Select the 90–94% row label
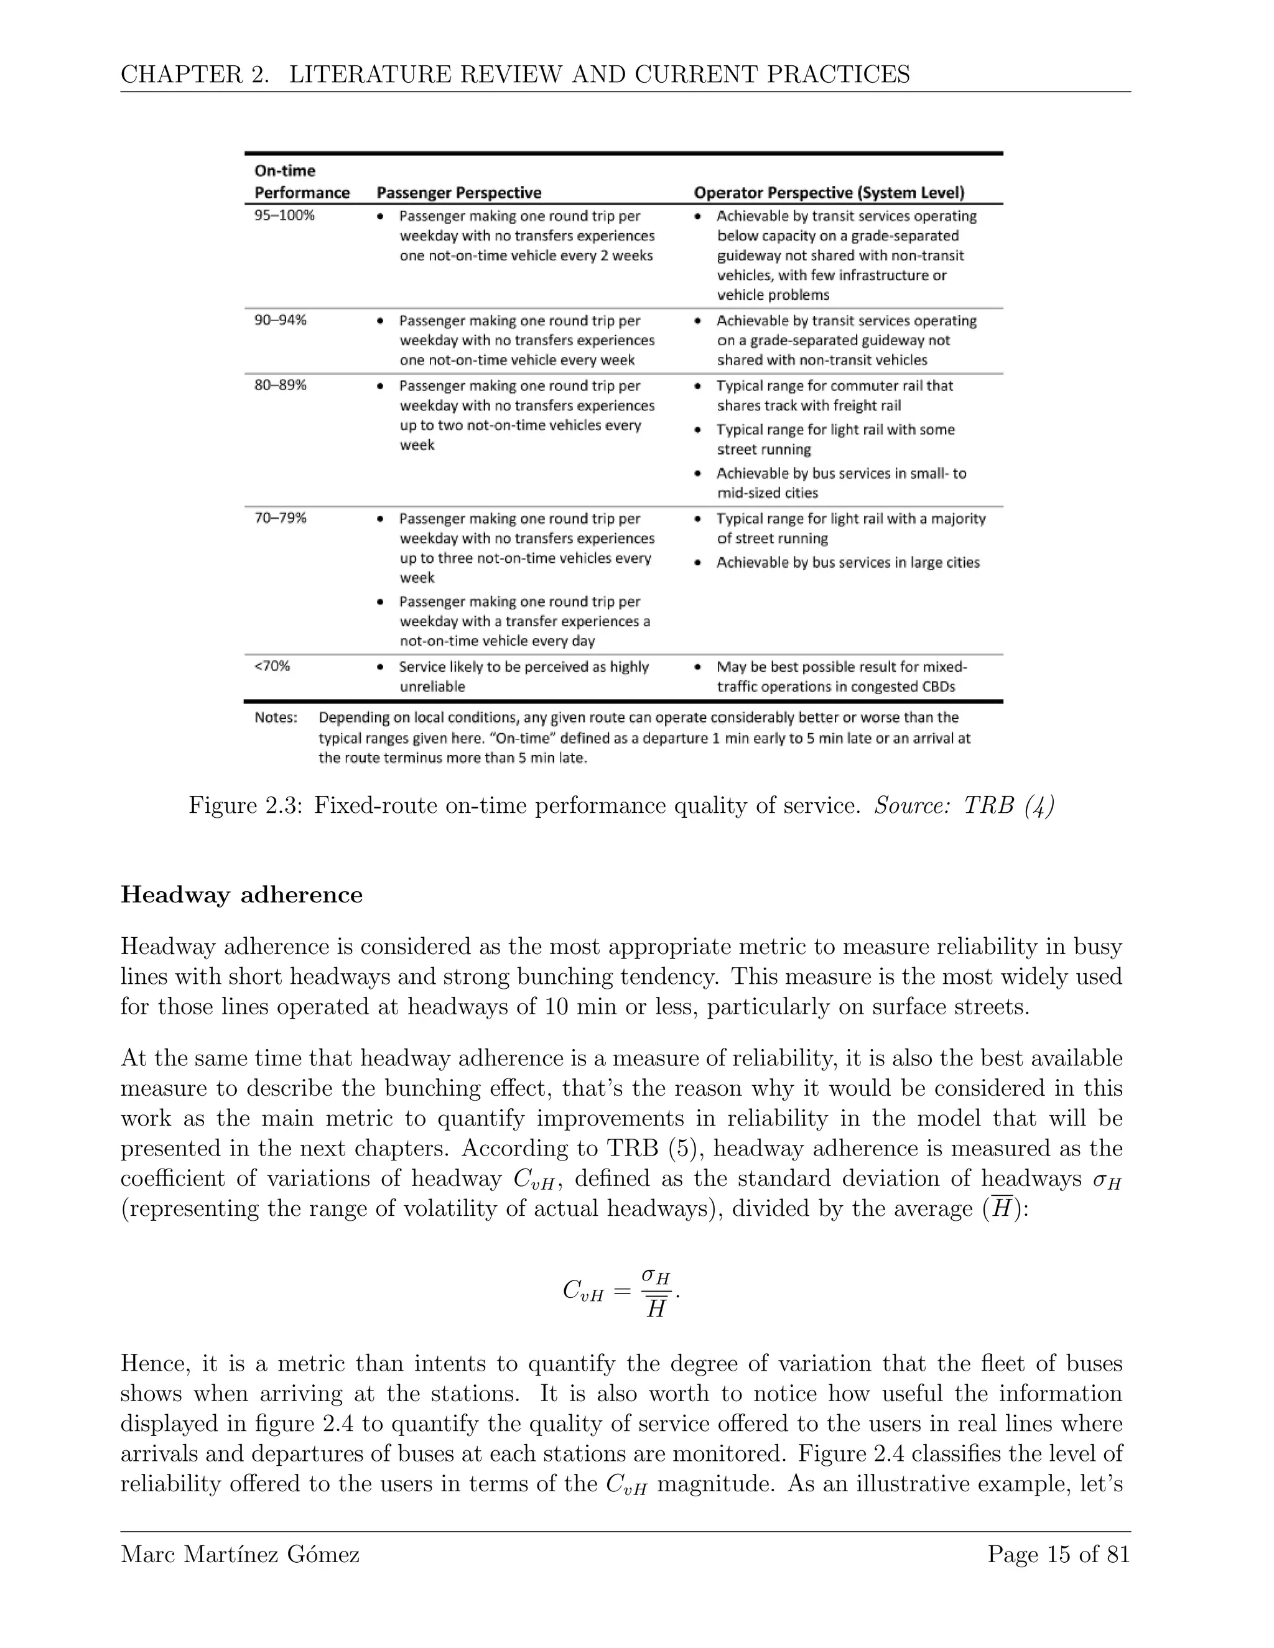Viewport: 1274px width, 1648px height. (x=280, y=319)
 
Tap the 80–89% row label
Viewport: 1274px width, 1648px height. (x=280, y=385)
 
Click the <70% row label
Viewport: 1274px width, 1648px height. (x=272, y=666)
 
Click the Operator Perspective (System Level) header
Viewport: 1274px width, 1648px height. (x=829, y=192)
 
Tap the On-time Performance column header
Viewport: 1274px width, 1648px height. (x=301, y=182)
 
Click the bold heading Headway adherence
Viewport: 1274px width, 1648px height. (x=241, y=895)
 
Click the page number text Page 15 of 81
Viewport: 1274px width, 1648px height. (x=1058, y=1555)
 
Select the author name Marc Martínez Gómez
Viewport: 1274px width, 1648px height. (x=240, y=1555)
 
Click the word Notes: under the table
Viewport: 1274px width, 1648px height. (x=276, y=717)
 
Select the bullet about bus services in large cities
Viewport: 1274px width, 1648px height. (x=847, y=562)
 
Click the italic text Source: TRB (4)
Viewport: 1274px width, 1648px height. (x=964, y=806)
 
